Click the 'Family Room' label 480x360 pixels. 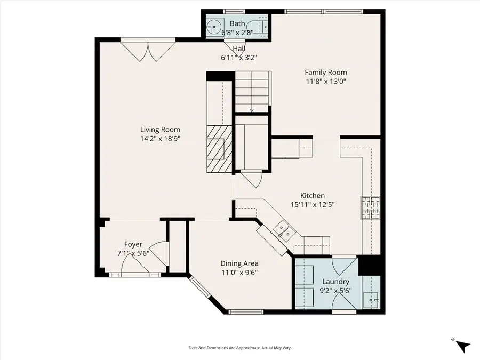click(325, 73)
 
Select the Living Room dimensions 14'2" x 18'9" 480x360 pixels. click(160, 139)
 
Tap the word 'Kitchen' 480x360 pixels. click(312, 196)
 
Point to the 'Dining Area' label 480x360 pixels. click(239, 263)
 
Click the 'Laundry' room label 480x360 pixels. click(335, 282)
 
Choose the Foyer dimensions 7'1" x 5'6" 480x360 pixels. click(133, 253)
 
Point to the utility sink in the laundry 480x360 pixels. click(371, 300)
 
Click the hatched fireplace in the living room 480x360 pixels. click(219, 149)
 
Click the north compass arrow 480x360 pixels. click(462, 345)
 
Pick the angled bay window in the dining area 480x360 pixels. click(202, 290)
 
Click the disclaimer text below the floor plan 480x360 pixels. click(239, 348)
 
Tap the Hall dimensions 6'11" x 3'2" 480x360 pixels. click(239, 58)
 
